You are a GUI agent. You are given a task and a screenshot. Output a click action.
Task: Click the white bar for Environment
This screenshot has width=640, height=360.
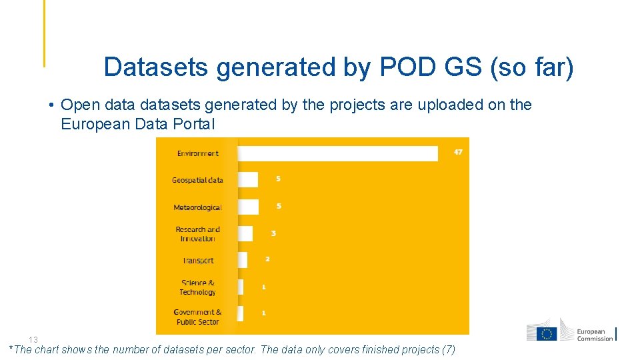tap(337, 153)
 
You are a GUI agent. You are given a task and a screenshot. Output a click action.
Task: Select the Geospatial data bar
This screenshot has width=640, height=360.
tap(247, 180)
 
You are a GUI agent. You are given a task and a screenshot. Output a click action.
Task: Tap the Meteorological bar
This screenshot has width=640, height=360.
tap(248, 207)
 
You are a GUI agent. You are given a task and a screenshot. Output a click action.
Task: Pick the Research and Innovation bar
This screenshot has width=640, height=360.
tap(245, 233)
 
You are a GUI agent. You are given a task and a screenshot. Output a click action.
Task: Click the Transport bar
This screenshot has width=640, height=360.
tap(242, 259)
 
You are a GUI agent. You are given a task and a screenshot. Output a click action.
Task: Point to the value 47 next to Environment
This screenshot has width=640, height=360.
tap(458, 152)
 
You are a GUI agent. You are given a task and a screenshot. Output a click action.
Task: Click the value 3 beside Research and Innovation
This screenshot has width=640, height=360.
tap(273, 233)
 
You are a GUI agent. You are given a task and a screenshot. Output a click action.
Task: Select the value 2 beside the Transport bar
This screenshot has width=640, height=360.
tap(267, 259)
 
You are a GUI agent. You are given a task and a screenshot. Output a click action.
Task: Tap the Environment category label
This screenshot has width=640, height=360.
tap(197, 153)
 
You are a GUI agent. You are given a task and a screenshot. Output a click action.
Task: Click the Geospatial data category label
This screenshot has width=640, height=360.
tap(197, 180)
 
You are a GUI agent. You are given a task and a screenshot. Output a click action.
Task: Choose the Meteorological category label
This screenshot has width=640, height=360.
tap(197, 207)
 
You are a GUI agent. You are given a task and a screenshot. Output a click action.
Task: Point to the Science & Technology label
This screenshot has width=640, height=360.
tap(197, 287)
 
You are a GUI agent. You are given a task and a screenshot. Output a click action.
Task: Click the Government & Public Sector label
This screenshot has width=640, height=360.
tap(197, 317)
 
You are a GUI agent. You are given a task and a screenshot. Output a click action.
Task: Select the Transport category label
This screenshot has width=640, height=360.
tap(198, 261)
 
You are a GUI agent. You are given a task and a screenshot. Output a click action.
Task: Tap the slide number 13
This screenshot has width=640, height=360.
tap(33, 339)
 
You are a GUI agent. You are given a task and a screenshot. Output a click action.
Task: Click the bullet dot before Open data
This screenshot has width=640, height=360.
tap(51, 105)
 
